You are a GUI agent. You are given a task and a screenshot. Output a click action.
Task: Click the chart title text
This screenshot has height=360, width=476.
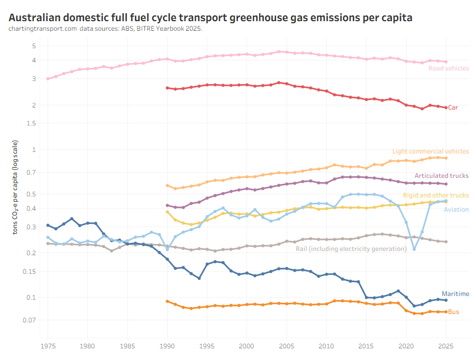[210, 17]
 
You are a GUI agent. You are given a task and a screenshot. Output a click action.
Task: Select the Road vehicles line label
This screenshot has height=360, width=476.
[448, 68]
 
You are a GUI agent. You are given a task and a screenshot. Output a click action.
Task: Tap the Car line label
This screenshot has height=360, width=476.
[453, 107]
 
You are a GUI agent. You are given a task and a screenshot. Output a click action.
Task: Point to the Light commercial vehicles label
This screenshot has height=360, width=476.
[430, 151]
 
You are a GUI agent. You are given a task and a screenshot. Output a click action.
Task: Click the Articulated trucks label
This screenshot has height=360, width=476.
[441, 176]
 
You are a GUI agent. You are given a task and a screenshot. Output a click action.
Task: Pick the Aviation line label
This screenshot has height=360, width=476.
[456, 210]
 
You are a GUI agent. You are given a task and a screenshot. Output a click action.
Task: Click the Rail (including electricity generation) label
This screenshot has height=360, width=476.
[351, 248]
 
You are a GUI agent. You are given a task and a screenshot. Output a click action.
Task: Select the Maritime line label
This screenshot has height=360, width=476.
[455, 294]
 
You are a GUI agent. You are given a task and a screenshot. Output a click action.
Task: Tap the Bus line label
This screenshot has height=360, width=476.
[453, 312]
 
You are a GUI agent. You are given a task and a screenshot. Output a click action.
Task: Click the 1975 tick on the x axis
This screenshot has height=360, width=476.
[48, 347]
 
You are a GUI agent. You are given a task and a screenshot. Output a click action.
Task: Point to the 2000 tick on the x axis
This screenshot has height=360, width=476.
[246, 347]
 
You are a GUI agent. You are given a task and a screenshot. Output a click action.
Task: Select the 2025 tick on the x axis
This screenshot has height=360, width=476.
[446, 347]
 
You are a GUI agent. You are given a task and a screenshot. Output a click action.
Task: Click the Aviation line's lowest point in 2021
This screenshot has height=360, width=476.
[414, 249]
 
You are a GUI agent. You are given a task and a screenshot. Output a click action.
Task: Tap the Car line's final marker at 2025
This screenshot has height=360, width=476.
[446, 108]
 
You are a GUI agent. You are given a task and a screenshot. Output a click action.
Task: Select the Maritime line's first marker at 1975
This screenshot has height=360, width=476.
[48, 226]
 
